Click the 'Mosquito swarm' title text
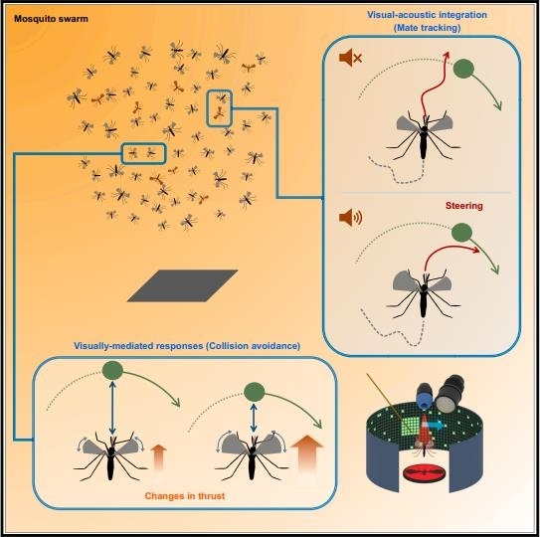(51, 19)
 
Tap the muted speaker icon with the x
(350, 57)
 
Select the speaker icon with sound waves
(350, 218)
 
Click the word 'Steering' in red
(463, 206)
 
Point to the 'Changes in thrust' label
(185, 496)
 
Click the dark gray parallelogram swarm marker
(183, 285)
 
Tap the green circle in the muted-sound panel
(463, 69)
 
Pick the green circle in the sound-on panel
(461, 232)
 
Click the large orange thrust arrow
(307, 452)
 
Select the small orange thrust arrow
(158, 456)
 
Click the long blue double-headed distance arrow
(112, 408)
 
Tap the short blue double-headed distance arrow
(254, 418)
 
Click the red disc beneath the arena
(425, 473)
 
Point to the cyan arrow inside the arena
(437, 426)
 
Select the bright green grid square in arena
(411, 426)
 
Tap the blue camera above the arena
(425, 397)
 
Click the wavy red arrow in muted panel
(434, 87)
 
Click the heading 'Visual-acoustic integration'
(427, 15)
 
